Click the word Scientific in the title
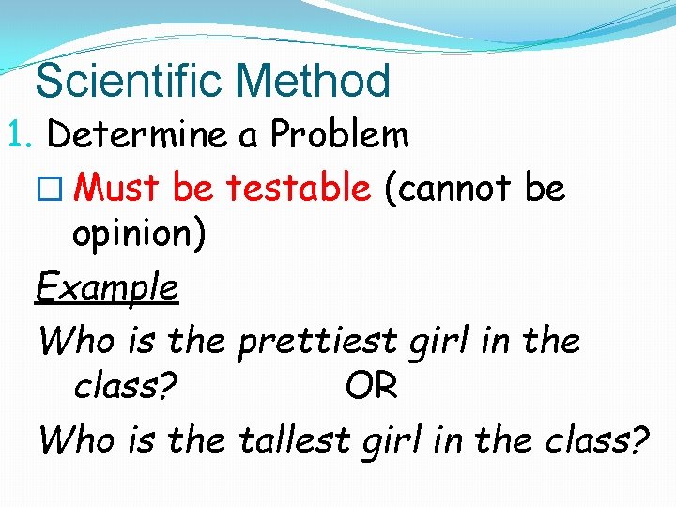pyautogui.click(x=120, y=81)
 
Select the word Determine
pyautogui.click(x=135, y=136)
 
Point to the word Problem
pyautogui.click(x=339, y=136)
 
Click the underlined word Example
pyautogui.click(x=107, y=286)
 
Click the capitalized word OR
pyautogui.click(x=371, y=386)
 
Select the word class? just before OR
pyautogui.click(x=126, y=386)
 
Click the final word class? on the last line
pyautogui.click(x=596, y=438)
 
